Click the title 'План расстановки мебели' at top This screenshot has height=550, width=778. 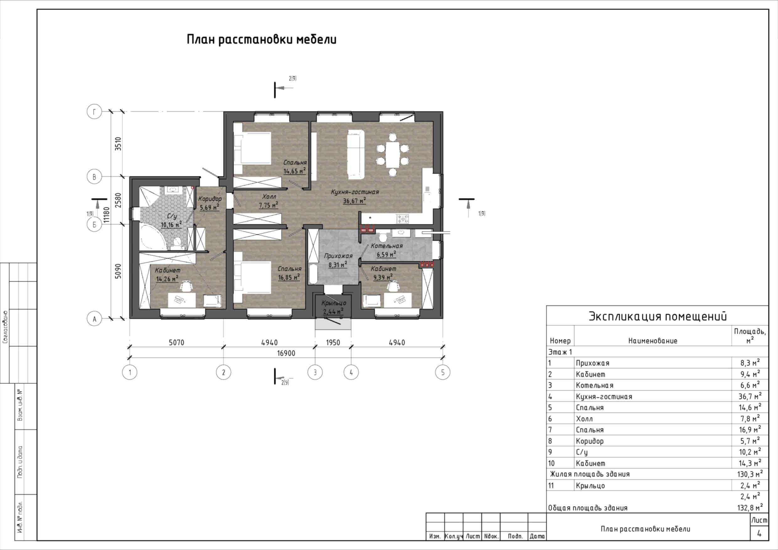pyautogui.click(x=262, y=40)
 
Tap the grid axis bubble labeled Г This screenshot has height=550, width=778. pyautogui.click(x=94, y=111)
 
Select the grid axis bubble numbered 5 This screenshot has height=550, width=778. pyautogui.click(x=443, y=372)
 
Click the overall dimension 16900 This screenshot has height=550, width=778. pyautogui.click(x=286, y=353)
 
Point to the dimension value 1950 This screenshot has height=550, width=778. pyautogui.click(x=333, y=342)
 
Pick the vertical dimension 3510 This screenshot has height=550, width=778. pyautogui.click(x=118, y=144)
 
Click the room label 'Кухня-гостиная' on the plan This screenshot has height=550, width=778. pyautogui.click(x=355, y=192)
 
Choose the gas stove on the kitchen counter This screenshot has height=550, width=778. pyautogui.click(x=402, y=219)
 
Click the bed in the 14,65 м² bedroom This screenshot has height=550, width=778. pyautogui.click(x=253, y=148)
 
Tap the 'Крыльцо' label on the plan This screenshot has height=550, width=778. pyautogui.click(x=334, y=303)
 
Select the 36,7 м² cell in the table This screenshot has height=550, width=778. pyautogui.click(x=750, y=396)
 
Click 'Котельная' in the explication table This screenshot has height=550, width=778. pyautogui.click(x=594, y=385)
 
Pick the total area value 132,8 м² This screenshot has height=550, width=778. pyautogui.click(x=750, y=508)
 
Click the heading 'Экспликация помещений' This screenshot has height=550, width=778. pyautogui.click(x=657, y=316)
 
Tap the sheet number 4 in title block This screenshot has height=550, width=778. pyautogui.click(x=759, y=533)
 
